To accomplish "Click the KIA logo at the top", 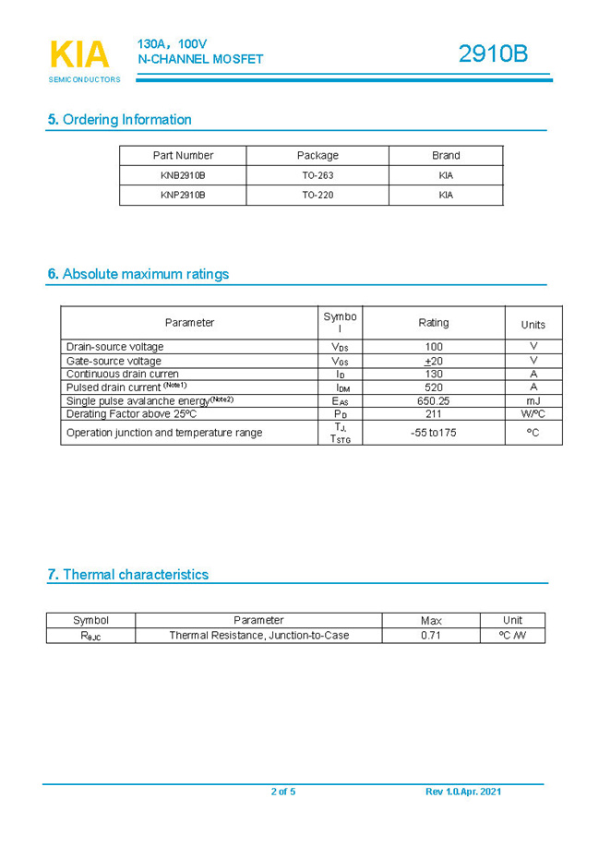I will tap(79, 55).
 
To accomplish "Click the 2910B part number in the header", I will tap(493, 54).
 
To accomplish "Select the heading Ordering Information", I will tap(120, 119).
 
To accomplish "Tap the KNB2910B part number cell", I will tap(183, 175).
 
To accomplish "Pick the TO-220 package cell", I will tap(317, 196).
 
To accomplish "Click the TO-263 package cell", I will tap(317, 175).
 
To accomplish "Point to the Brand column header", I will tap(446, 155).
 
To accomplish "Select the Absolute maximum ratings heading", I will tap(138, 274).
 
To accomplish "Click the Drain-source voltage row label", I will tap(114, 347).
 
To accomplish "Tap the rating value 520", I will tap(434, 387).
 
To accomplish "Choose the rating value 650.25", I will tap(434, 401).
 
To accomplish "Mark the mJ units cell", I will tap(533, 401).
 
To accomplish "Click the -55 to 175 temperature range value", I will tap(434, 433).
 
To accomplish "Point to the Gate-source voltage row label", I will tap(114, 361).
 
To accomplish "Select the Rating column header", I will tap(434, 323).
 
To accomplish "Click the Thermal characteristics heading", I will tap(128, 574).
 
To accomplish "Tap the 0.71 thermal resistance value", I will tap(431, 636).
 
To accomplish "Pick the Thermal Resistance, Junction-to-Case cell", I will tap(259, 636).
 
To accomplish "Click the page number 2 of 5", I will tap(283, 792).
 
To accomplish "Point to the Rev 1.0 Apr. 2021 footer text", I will tap(463, 792).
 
